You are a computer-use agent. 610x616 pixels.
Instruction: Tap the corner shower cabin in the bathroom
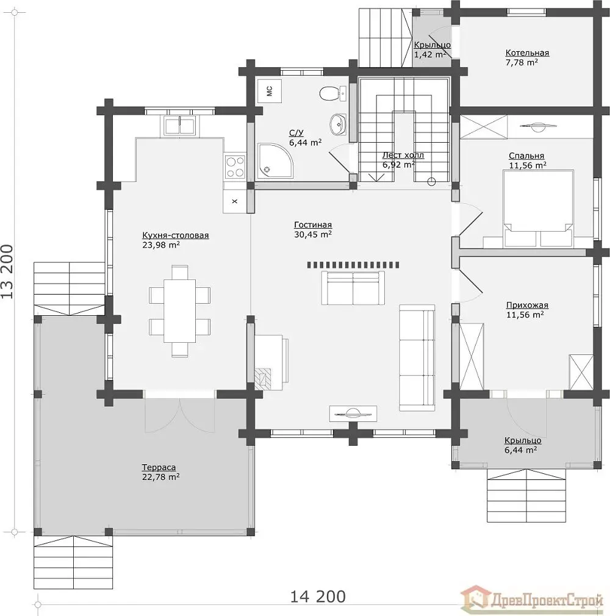[x=274, y=160]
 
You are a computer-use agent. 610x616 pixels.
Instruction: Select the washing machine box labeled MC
[x=269, y=91]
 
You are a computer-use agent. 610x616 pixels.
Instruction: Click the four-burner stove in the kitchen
[x=235, y=167]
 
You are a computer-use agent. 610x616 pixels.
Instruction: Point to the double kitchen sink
[x=179, y=126]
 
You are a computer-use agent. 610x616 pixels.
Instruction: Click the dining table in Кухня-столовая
[x=179, y=311]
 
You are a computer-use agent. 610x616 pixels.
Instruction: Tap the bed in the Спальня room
[x=537, y=209]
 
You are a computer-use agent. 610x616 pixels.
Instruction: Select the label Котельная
[x=527, y=52]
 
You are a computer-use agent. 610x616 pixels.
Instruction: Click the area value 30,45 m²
[x=313, y=235]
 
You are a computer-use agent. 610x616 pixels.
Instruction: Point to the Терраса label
[x=159, y=468]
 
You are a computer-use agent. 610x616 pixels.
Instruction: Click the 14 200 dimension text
[x=318, y=596]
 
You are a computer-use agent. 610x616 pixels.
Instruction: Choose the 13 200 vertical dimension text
[x=7, y=272]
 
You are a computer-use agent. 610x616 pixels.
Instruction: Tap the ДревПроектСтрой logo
[x=532, y=599]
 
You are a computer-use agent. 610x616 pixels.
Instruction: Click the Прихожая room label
[x=527, y=305]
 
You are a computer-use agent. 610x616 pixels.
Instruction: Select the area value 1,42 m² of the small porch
[x=430, y=55]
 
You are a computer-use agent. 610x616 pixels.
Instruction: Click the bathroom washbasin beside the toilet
[x=338, y=124]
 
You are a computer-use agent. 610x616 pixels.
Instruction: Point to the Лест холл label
[x=403, y=155]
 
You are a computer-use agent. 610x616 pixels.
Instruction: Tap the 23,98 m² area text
[x=161, y=245]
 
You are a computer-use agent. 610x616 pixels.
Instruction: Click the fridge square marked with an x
[x=235, y=201]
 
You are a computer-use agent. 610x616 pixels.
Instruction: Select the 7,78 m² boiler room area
[x=522, y=62]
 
